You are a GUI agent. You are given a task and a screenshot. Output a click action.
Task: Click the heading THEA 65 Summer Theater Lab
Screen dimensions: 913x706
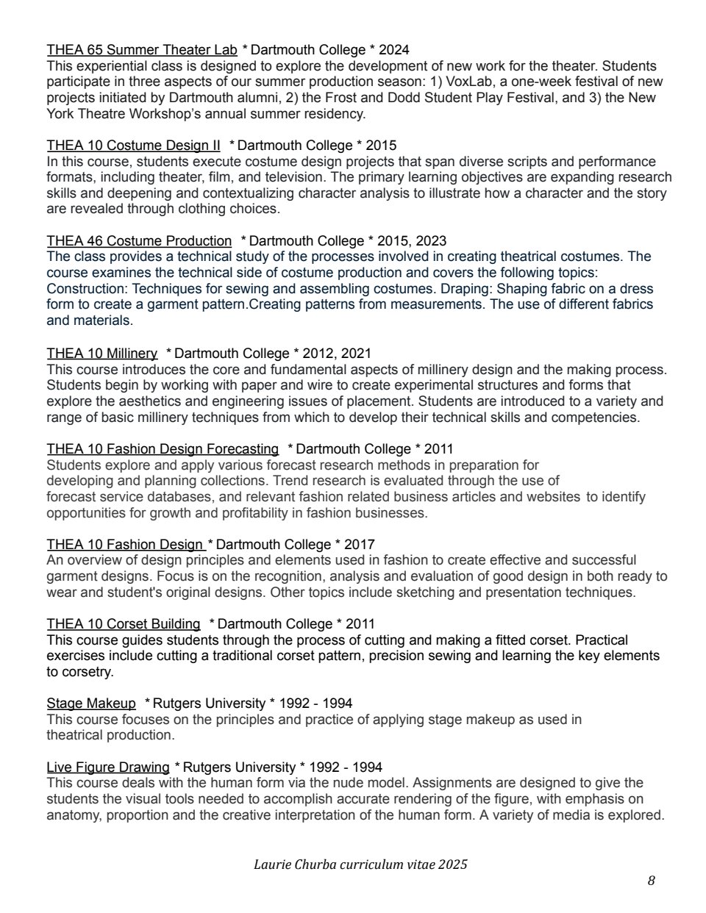pos(142,50)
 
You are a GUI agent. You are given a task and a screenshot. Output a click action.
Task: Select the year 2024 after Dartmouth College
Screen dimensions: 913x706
pos(394,50)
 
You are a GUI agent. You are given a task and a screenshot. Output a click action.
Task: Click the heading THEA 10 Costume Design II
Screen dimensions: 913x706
pos(133,146)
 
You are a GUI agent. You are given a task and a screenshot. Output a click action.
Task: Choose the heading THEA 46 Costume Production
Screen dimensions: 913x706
pos(139,241)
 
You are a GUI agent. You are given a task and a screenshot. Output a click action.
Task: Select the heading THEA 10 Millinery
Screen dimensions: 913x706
pos(101,354)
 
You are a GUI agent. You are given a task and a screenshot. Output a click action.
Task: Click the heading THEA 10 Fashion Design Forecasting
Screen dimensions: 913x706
pos(163,449)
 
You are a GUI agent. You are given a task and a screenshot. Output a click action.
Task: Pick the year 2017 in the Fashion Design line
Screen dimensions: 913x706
pos(359,545)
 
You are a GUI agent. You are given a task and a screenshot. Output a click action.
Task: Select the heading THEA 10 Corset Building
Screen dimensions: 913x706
pos(123,624)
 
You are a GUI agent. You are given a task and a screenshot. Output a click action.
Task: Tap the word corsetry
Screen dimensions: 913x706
pos(87,672)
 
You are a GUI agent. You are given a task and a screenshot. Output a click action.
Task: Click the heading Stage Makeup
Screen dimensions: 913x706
pos(91,703)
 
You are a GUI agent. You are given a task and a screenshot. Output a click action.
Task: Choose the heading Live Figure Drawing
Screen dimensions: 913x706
pos(108,767)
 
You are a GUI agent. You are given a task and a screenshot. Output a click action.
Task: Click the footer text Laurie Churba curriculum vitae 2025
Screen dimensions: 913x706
pos(360,864)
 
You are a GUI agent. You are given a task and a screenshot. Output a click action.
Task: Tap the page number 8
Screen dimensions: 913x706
pos(652,881)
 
